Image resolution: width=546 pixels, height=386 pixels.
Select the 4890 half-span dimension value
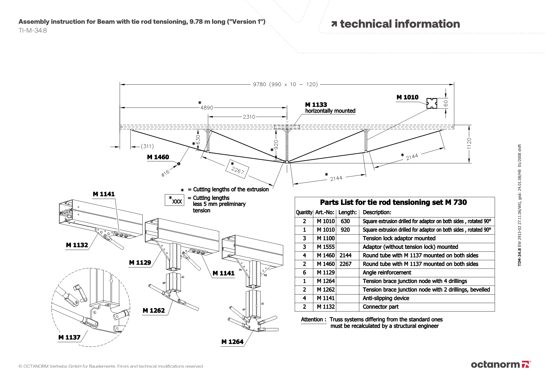click(x=207, y=108)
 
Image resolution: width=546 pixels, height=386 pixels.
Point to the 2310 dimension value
click(x=249, y=117)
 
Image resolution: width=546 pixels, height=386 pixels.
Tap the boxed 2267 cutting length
click(x=237, y=169)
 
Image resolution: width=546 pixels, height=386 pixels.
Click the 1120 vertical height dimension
click(x=469, y=143)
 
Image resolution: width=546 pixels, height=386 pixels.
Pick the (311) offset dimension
click(x=147, y=146)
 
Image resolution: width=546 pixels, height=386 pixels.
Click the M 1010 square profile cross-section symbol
click(x=432, y=104)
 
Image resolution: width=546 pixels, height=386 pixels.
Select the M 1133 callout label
click(x=316, y=105)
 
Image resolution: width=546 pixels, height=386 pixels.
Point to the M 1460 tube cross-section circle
click(x=179, y=164)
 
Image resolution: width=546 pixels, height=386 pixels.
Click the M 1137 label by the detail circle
click(x=69, y=337)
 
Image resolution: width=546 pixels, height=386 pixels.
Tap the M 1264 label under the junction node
click(x=232, y=342)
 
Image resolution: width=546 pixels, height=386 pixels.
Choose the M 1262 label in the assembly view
click(x=154, y=311)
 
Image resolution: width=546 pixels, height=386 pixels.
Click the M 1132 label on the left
click(x=77, y=245)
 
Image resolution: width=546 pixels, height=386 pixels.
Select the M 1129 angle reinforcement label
click(x=140, y=263)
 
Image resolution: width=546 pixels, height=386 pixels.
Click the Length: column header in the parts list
click(x=348, y=212)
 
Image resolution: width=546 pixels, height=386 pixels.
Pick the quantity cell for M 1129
click(x=304, y=272)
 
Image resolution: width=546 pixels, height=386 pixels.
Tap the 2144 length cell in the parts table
click(x=345, y=255)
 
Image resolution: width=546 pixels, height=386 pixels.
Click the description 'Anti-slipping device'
click(x=386, y=298)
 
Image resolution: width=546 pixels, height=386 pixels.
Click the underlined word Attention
click(x=312, y=320)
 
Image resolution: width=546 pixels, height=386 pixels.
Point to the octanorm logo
click(x=501, y=364)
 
